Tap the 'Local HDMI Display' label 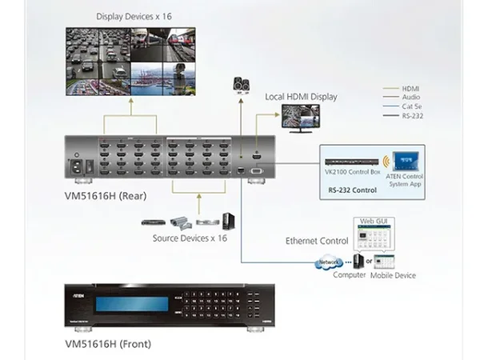click(x=301, y=97)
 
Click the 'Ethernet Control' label click(x=317, y=241)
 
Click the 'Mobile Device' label click(x=393, y=276)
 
